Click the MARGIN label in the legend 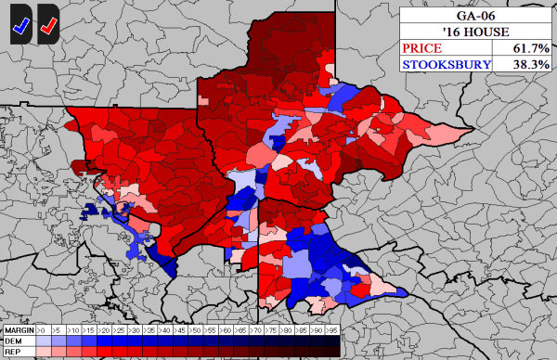[x=18, y=330]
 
